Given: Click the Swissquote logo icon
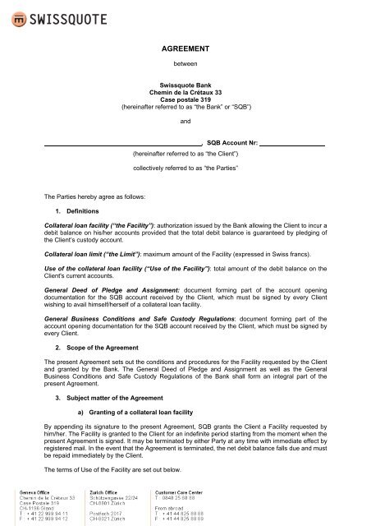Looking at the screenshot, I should tap(14, 15).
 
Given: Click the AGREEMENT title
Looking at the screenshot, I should tap(185, 49).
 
